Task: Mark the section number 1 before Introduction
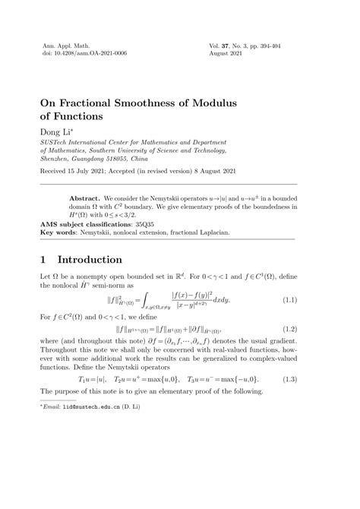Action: point(43,263)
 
